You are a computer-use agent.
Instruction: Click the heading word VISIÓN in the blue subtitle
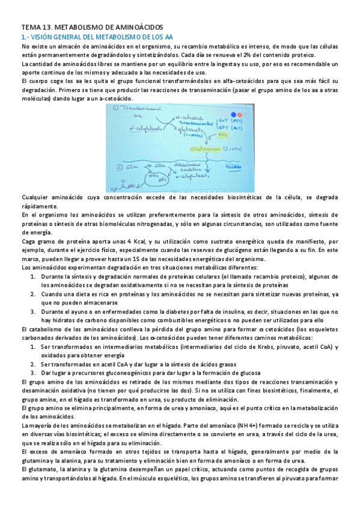pos(43,37)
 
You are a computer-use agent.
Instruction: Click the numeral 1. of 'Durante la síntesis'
pos(34,276)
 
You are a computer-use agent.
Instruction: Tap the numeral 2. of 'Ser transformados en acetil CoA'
pos(34,364)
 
